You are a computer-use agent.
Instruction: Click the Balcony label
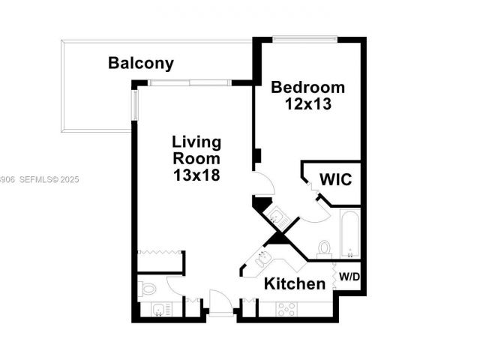point(141,63)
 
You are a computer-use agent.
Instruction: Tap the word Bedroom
point(308,86)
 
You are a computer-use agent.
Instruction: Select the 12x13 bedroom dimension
point(308,104)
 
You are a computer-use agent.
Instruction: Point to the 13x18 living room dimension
point(196,175)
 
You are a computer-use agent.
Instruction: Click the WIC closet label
point(335,180)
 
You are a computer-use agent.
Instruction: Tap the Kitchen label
point(295,283)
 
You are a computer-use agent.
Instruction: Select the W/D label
point(349,277)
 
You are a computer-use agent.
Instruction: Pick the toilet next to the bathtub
point(325,247)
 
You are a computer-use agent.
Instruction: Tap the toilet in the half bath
point(148,288)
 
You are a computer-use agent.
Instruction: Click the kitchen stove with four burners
point(286,308)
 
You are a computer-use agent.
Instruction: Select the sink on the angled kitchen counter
point(263,259)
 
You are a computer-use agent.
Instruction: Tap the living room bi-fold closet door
point(160,253)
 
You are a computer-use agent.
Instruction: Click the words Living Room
point(196,150)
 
